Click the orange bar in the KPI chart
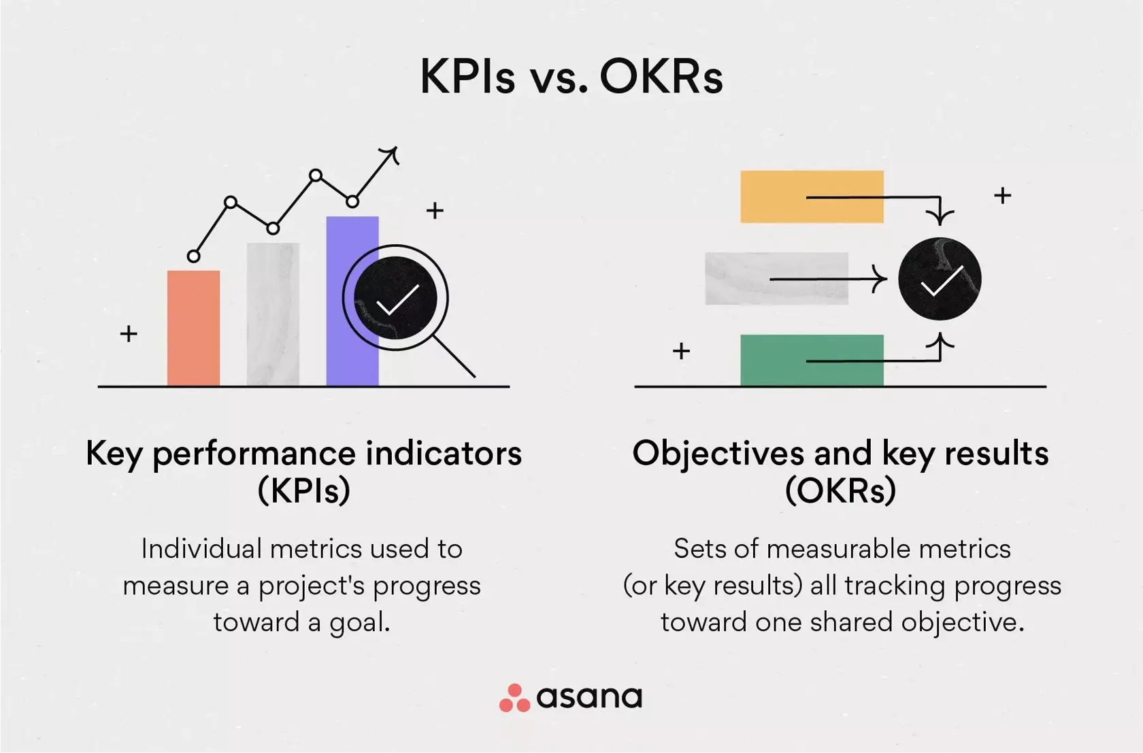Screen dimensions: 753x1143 click(x=194, y=329)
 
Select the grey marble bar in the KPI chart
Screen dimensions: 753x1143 click(x=273, y=314)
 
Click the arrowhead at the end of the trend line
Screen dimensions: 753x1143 click(x=391, y=154)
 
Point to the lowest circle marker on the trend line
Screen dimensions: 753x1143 click(x=194, y=256)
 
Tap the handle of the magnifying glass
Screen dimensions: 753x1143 click(x=454, y=356)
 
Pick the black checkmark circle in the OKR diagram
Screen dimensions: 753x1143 click(x=940, y=279)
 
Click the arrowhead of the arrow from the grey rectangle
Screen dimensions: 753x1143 click(x=882, y=279)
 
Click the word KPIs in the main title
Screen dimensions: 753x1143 click(x=467, y=76)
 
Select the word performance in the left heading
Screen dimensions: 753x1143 click(x=254, y=454)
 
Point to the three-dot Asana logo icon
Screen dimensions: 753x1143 click(x=514, y=699)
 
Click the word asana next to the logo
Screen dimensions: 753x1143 click(x=589, y=697)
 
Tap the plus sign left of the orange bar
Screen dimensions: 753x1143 click(x=129, y=334)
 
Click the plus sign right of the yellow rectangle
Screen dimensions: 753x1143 click(x=1002, y=196)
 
